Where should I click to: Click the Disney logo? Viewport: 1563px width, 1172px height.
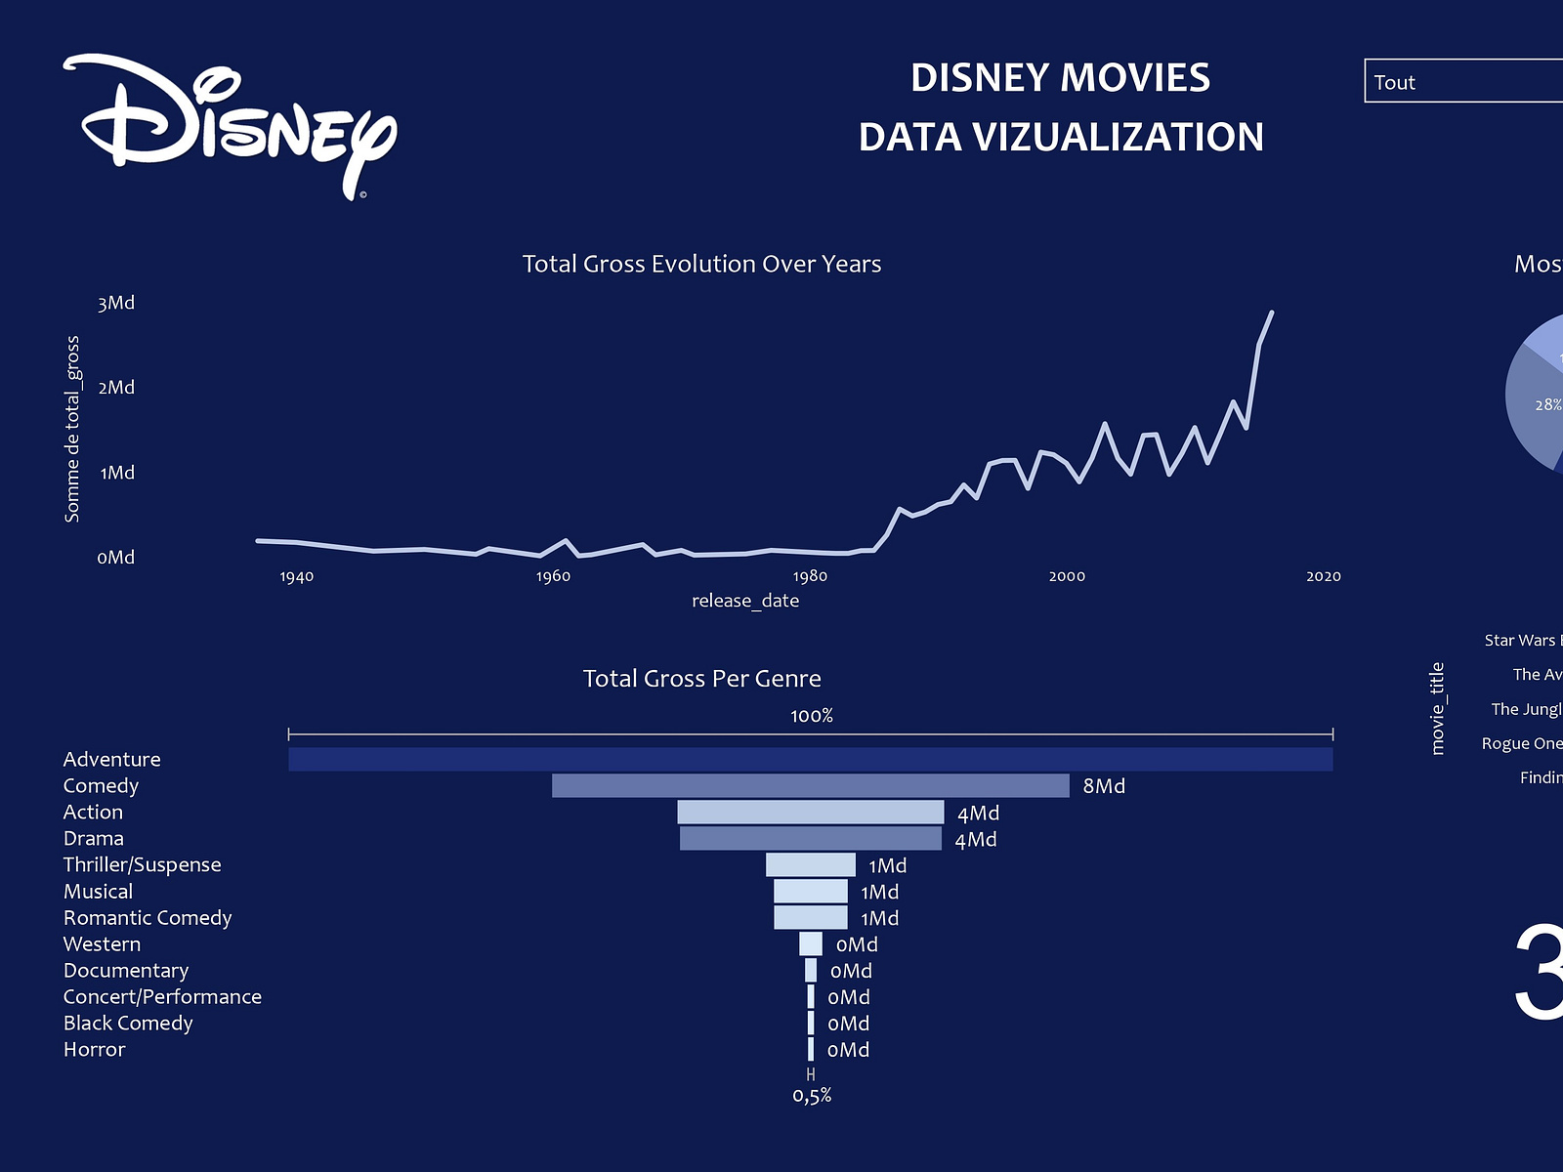(x=231, y=125)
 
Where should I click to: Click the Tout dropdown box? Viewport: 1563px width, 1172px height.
(x=1463, y=81)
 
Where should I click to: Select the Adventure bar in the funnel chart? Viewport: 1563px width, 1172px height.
(x=811, y=760)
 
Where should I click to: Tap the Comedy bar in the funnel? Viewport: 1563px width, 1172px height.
(x=811, y=786)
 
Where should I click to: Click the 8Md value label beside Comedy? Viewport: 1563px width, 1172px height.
(x=1104, y=786)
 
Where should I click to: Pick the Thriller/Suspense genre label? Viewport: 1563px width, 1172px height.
(x=143, y=865)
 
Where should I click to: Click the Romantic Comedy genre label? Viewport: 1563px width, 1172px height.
(x=148, y=918)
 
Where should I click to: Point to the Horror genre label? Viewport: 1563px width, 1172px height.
(x=95, y=1050)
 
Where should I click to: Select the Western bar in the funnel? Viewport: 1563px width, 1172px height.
(x=811, y=944)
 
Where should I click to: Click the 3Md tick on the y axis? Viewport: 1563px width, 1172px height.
(x=116, y=304)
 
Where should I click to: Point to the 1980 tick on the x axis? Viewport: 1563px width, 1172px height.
(x=810, y=576)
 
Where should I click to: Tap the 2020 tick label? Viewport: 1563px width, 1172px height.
(x=1324, y=576)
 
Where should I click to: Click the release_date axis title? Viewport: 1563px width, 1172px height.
(x=745, y=601)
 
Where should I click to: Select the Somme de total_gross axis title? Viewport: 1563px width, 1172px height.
(x=72, y=430)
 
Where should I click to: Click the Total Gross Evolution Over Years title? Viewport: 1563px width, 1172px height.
(x=701, y=264)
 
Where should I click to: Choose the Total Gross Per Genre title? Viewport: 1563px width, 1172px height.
(x=701, y=679)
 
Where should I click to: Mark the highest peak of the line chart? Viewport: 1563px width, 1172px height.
(x=1271, y=313)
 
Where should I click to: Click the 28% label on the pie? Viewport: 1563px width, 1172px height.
(x=1547, y=404)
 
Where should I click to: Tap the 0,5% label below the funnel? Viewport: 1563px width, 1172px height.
(x=812, y=1096)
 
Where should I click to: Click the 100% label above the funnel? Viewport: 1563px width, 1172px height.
(x=812, y=716)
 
